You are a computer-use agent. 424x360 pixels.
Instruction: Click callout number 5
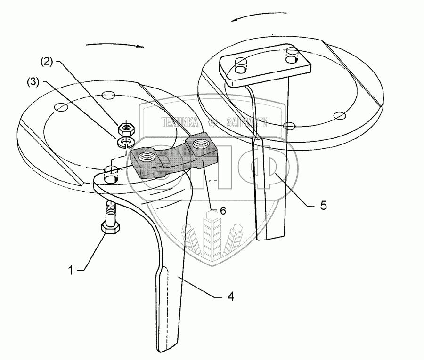tap(323, 206)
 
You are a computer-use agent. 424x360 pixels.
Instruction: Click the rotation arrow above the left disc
tap(114, 45)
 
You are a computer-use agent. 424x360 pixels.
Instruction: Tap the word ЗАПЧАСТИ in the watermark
tap(247, 123)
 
